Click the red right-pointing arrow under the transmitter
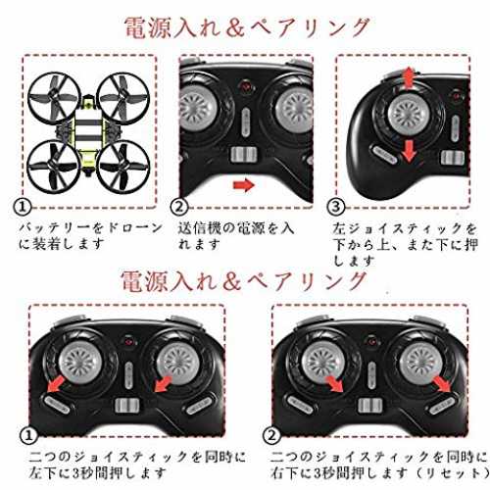243,185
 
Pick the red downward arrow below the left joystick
409,151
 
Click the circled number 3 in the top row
336,207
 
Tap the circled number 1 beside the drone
23,207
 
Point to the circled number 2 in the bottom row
271,435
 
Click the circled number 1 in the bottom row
29,435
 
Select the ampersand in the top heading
235,27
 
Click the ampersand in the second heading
231,281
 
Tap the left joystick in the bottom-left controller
80,363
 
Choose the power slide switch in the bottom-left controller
127,406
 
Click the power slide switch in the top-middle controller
244,155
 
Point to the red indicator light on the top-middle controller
244,86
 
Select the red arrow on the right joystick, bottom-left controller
163,384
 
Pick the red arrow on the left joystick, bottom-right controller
334,384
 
